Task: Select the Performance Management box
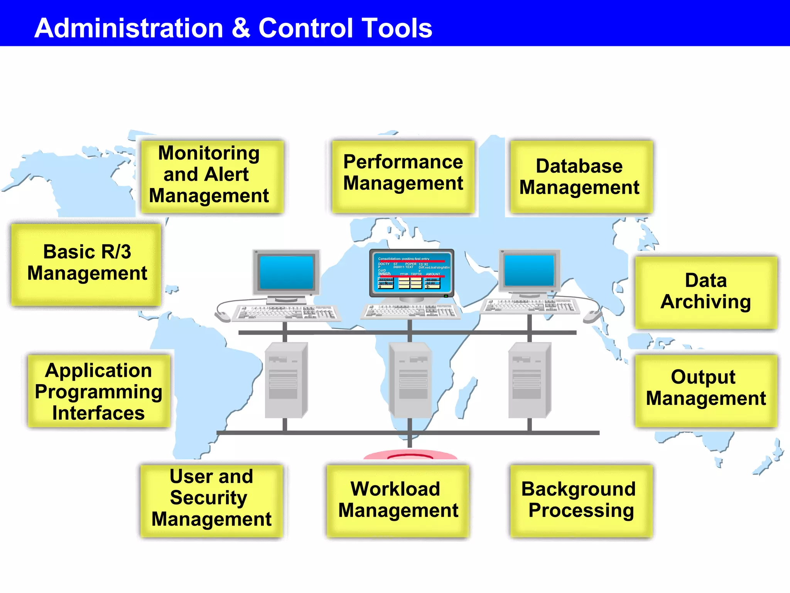coord(403,176)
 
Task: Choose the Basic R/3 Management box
coord(86,264)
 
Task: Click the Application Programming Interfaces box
coord(99,391)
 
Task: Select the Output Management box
coord(706,390)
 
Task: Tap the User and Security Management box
coord(211,500)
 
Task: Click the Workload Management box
coord(398,500)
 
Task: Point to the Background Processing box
coord(581,500)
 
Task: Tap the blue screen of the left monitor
coord(286,272)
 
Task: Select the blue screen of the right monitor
coord(529,270)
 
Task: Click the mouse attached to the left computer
coord(223,317)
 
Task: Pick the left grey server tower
coord(285,380)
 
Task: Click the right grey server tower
coord(529,380)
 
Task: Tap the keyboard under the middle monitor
coord(410,311)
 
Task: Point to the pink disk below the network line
coord(410,454)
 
